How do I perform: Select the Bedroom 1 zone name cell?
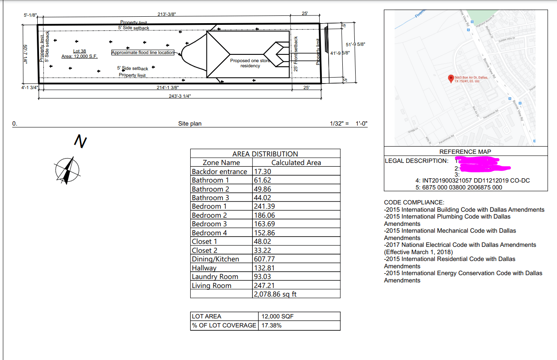coord(207,206)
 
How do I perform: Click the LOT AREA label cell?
coord(207,316)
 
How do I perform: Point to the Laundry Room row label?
coord(215,276)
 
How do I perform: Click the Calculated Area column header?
coord(296,162)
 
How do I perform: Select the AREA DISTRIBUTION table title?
coord(265,154)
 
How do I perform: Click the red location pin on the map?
coord(450,78)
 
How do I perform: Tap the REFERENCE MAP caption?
coord(465,151)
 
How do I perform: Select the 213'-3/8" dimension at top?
coord(166,14)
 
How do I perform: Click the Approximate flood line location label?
coord(143,53)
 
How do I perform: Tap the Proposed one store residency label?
coord(250,63)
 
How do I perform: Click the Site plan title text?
coord(190,123)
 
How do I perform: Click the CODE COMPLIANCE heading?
coord(414,202)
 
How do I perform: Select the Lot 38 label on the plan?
coord(80,51)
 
